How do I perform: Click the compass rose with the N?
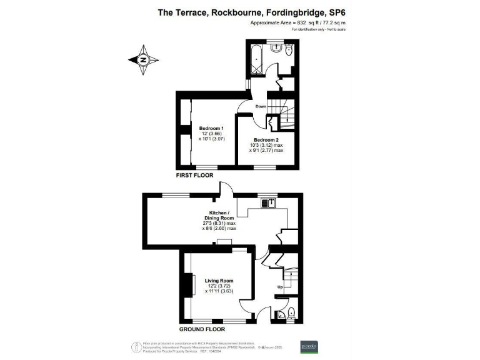(x=142, y=60)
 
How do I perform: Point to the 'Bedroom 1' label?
(x=211, y=128)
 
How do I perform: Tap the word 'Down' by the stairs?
(x=261, y=106)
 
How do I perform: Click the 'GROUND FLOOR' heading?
(x=201, y=329)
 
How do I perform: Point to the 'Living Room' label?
(x=219, y=281)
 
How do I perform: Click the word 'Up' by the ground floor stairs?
(x=279, y=287)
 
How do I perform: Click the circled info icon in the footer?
(x=134, y=345)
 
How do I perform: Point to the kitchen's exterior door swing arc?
(x=226, y=186)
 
